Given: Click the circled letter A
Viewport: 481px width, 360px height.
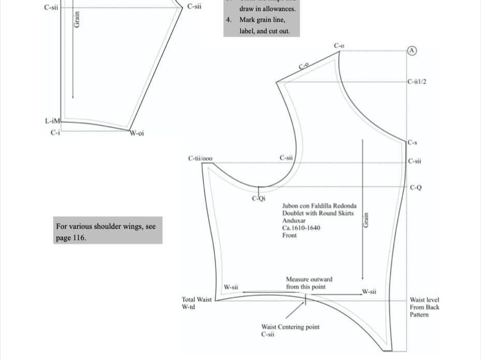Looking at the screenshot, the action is pos(412,51).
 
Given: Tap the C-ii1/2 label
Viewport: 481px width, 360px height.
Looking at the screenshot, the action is pos(417,82).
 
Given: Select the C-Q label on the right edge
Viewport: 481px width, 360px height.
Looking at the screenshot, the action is pos(416,187).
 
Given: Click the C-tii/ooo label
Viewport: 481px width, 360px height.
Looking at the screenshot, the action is pos(200,158).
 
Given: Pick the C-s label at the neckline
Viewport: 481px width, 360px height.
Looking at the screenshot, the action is pos(412,142).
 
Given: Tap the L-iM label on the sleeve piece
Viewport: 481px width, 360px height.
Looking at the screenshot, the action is pos(52,121).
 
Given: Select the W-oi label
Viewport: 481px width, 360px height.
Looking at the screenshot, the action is pos(137,133).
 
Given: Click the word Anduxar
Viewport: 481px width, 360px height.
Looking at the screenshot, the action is pos(294,220).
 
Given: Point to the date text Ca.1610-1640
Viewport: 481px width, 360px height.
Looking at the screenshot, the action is pos(301,228).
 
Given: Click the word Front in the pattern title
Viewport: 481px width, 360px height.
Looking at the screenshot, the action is pos(289,235).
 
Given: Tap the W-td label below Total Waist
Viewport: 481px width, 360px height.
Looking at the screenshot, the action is pos(188,307).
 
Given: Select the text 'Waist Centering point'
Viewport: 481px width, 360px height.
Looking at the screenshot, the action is pos(290,327).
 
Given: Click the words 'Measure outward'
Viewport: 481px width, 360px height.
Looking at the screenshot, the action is pos(309,279).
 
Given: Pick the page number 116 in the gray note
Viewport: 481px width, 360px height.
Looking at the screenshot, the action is pos(79,238).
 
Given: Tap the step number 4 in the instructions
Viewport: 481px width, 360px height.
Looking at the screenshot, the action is pos(228,20).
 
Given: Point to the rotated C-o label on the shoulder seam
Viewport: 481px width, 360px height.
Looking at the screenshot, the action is pos(303,66).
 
